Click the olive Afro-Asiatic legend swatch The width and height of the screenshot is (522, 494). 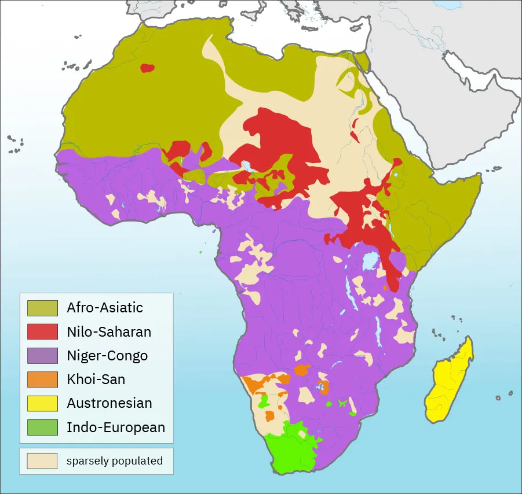click(42, 308)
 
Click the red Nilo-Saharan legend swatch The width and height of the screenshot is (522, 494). click(42, 331)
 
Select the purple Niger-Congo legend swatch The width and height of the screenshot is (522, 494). click(42, 355)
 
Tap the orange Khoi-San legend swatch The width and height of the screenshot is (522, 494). click(42, 379)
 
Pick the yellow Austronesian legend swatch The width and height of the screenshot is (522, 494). click(42, 403)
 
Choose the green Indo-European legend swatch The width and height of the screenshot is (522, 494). click(42, 427)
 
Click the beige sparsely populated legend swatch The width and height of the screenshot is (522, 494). click(42, 461)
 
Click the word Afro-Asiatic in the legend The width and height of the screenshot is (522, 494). click(104, 308)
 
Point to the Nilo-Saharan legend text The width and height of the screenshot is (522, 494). click(108, 331)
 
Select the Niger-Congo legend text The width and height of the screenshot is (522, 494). click(107, 355)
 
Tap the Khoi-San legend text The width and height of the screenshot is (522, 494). click(96, 379)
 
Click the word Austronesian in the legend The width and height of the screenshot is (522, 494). click(109, 403)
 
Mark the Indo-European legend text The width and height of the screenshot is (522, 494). click(115, 427)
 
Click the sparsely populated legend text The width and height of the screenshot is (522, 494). click(114, 461)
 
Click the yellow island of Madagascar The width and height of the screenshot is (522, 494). click(449, 385)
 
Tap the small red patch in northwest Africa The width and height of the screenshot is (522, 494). click(147, 68)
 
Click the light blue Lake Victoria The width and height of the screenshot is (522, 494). click(369, 262)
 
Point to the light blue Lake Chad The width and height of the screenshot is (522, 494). click(248, 166)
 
